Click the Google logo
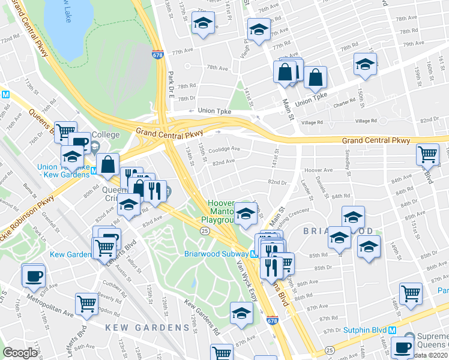coord(20,353)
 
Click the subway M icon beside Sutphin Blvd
coord(393,330)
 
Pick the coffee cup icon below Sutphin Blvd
coord(402,346)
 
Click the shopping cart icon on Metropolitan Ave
coord(86,305)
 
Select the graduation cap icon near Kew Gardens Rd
coord(242,313)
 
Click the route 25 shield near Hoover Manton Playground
coord(205,230)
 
